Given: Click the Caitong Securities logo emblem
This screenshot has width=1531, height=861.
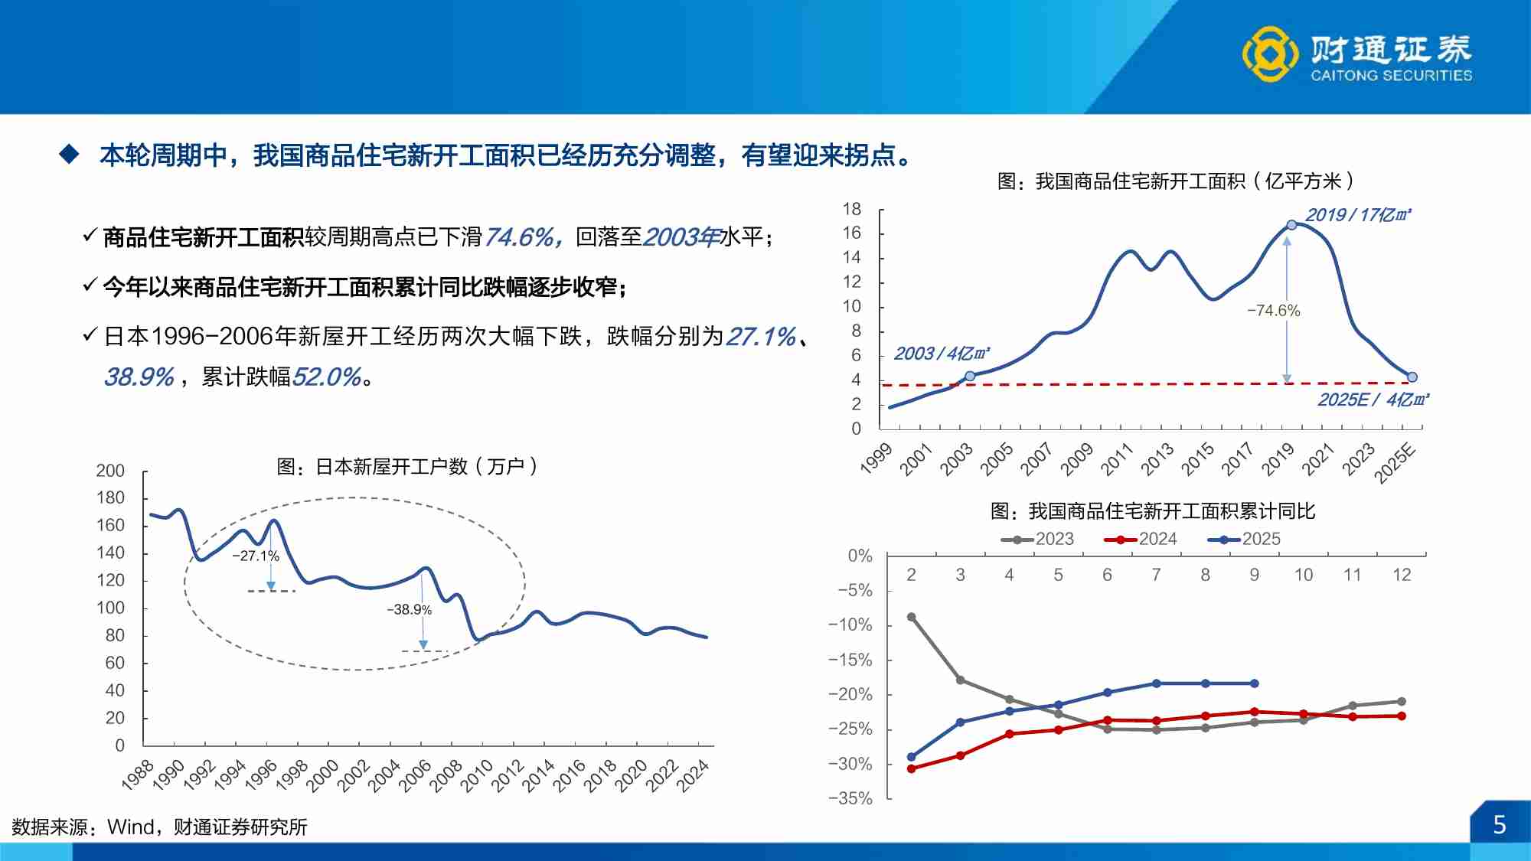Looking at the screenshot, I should (1269, 54).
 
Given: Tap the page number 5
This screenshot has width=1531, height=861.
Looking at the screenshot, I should (1499, 825).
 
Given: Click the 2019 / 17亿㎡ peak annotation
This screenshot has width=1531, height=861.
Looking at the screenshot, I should (1357, 215).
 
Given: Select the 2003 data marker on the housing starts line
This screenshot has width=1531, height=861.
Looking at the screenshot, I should (970, 376).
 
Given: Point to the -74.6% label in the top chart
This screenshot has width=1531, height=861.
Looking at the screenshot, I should (1273, 311).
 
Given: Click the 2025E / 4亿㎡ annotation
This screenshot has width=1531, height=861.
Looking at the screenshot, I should (1373, 400).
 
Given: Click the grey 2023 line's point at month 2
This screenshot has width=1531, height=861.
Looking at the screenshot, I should (911, 617).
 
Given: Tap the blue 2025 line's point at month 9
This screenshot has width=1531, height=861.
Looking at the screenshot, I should (1255, 683).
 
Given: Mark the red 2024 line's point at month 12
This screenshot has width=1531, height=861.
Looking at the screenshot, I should (1402, 716).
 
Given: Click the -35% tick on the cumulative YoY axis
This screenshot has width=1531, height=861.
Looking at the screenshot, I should (850, 798).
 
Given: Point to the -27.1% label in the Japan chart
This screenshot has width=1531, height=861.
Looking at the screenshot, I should (256, 556).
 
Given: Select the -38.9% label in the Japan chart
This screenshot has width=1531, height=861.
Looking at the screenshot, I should (410, 610).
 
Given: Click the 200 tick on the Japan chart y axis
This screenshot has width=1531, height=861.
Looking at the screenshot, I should (110, 471).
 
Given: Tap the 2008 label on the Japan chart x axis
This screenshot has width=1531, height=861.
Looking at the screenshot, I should (446, 775).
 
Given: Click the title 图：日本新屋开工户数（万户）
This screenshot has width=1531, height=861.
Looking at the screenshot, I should (407, 466).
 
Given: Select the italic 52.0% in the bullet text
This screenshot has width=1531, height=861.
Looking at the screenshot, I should (327, 377).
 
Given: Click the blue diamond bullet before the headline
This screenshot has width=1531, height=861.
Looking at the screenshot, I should (70, 155).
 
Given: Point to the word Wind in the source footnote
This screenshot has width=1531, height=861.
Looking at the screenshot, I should (131, 827).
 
